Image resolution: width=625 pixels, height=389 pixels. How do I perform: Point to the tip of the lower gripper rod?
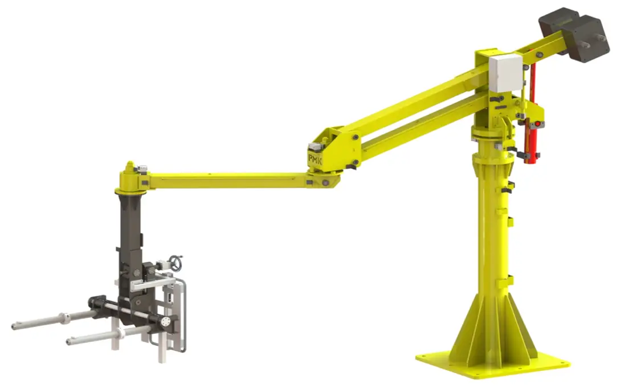pyautogui.click(x=69, y=341)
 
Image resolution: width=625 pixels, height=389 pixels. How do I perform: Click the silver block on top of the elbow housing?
pyautogui.click(x=316, y=147)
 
